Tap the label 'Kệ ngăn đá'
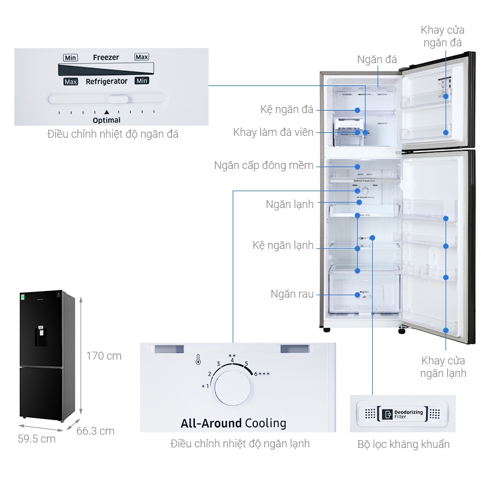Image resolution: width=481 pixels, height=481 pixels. click(x=287, y=109)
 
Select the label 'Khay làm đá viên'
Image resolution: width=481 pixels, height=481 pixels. click(x=273, y=132)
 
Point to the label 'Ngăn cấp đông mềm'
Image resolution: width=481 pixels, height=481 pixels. click(x=263, y=165)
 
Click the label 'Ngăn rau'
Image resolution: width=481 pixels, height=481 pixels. click(x=292, y=294)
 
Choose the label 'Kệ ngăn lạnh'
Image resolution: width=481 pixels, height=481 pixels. click(x=283, y=245)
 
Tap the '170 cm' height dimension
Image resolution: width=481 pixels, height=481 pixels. click(x=103, y=355)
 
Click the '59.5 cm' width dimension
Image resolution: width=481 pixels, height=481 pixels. click(x=37, y=438)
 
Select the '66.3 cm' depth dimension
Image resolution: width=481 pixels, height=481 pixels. click(x=95, y=430)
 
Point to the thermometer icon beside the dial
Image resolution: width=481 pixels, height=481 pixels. click(x=198, y=360)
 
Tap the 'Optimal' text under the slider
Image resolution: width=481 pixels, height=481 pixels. click(x=106, y=120)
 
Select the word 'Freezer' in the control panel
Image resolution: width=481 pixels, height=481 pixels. click(x=106, y=57)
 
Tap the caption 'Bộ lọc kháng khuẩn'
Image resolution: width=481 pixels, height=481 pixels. click(x=403, y=444)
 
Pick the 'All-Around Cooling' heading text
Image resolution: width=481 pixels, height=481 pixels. click(x=233, y=423)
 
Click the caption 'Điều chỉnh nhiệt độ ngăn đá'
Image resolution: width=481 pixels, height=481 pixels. click(x=113, y=134)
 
